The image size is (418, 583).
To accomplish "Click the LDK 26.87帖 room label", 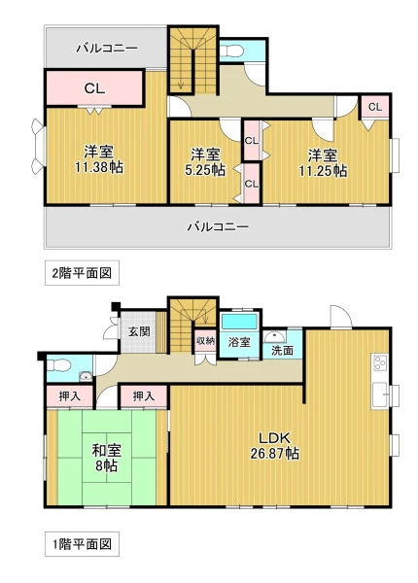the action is tap(274, 446).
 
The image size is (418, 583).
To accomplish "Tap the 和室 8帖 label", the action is tap(107, 458).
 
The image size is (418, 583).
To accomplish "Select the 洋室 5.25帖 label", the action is tap(205, 161).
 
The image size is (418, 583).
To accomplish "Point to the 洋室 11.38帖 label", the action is tap(99, 159).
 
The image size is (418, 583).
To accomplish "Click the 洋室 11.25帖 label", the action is tap(323, 162).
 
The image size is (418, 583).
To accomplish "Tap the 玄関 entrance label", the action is tap(139, 331).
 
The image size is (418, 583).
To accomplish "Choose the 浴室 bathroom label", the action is tap(239, 342).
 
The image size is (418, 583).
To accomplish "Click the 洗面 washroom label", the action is tap(282, 350).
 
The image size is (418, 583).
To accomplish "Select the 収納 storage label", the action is tap(206, 340).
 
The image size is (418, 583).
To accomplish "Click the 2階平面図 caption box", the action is tap(83, 273).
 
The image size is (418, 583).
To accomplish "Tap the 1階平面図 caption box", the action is tap(83, 544).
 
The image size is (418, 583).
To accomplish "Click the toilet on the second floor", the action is tap(231, 51).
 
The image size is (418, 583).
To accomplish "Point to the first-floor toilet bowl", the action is tap(58, 364).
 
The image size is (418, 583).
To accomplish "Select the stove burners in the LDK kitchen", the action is tap(380, 362).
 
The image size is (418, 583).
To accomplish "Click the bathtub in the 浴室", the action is tap(240, 322).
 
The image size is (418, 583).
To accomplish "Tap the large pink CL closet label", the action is tap(94, 88).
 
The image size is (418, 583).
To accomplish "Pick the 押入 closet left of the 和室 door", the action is tap(70, 396).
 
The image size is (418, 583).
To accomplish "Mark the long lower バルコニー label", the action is tap(218, 226).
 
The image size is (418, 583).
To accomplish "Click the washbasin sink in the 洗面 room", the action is tap(274, 336).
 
